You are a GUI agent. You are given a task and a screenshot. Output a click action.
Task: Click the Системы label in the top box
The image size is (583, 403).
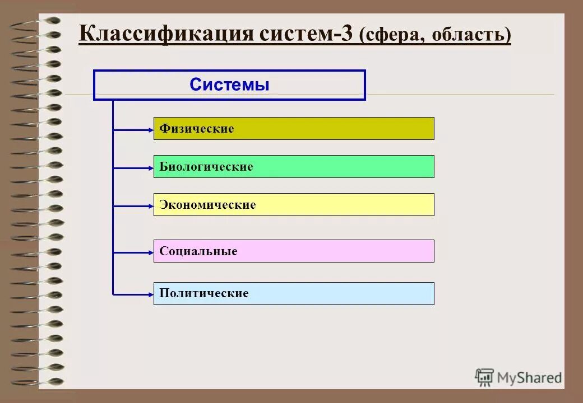(x=229, y=85)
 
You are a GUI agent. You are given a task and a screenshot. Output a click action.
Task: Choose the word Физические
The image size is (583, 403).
(x=196, y=129)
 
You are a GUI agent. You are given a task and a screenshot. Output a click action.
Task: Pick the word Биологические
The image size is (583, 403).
(x=206, y=167)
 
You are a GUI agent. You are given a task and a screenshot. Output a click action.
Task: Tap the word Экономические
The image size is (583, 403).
(x=207, y=205)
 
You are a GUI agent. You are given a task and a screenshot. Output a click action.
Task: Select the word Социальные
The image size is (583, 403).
(x=198, y=251)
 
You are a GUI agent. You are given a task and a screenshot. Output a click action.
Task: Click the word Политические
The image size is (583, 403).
(x=203, y=293)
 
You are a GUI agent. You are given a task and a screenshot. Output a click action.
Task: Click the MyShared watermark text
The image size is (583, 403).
(x=530, y=378)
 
